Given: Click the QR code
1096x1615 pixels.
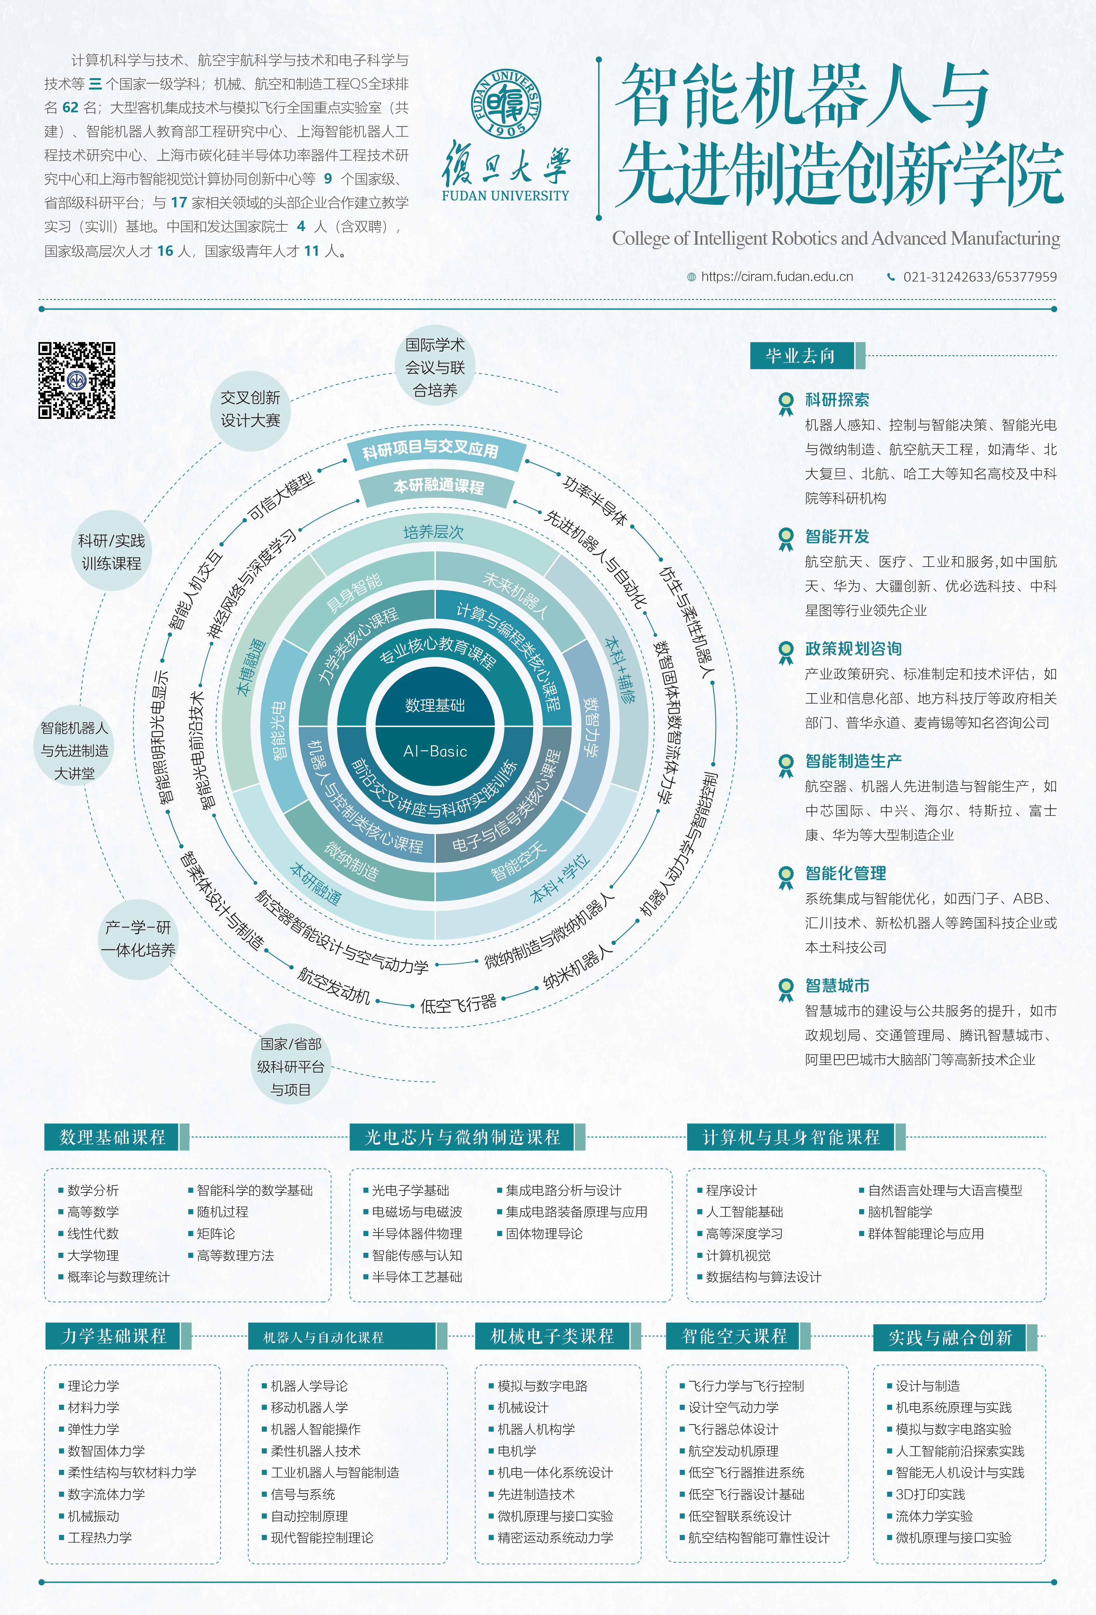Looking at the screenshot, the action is pyautogui.click(x=76, y=380).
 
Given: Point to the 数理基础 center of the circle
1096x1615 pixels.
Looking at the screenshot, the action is pyautogui.click(x=435, y=705).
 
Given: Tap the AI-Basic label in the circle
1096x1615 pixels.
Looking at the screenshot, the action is pyautogui.click(x=435, y=751).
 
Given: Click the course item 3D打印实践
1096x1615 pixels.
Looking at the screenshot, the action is pyautogui.click(x=930, y=1494).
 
